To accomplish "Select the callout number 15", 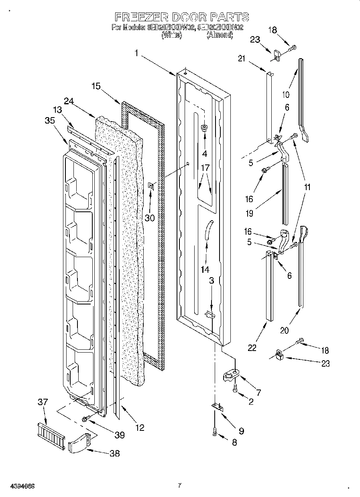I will click(x=96, y=86).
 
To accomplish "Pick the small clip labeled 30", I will click(x=152, y=185).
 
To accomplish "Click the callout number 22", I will click(x=252, y=347).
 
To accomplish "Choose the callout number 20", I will click(x=284, y=330).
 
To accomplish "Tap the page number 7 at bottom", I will click(x=179, y=485).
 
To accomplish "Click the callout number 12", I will click(x=139, y=428).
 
